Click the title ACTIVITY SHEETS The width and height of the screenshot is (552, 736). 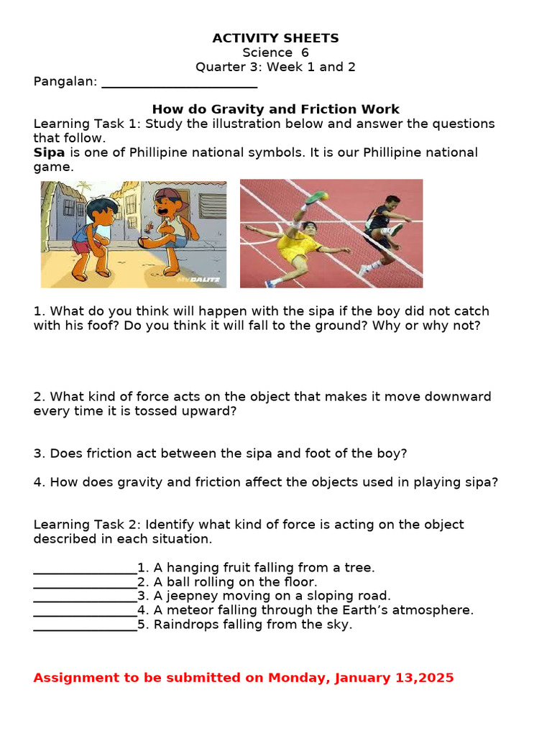tap(276, 38)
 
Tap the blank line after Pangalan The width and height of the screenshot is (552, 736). tap(179, 82)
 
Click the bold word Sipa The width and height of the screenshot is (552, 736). tap(49, 152)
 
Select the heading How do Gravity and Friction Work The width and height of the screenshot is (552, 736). tap(276, 109)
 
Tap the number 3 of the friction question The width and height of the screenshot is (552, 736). tap(39, 454)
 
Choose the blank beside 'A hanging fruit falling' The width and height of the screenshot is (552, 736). tap(85, 569)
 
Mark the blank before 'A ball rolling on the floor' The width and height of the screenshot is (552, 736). tap(85, 583)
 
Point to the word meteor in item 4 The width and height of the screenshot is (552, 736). tap(188, 610)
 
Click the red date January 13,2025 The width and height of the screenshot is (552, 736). tap(392, 678)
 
